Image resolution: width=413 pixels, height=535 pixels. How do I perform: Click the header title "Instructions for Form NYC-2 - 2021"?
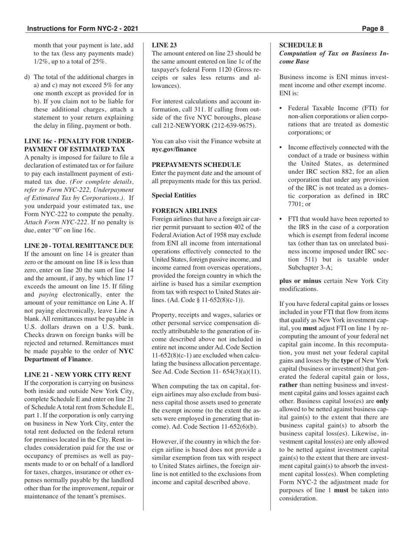(x=83, y=29)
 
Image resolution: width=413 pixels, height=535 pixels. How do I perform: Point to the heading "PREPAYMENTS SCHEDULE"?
(x=196, y=165)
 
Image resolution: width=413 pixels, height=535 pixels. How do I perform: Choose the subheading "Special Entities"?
(x=174, y=195)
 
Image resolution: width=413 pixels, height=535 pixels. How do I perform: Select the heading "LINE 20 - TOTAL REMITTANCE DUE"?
(x=79, y=246)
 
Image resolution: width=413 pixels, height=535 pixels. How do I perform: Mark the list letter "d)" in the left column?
(x=27, y=77)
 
